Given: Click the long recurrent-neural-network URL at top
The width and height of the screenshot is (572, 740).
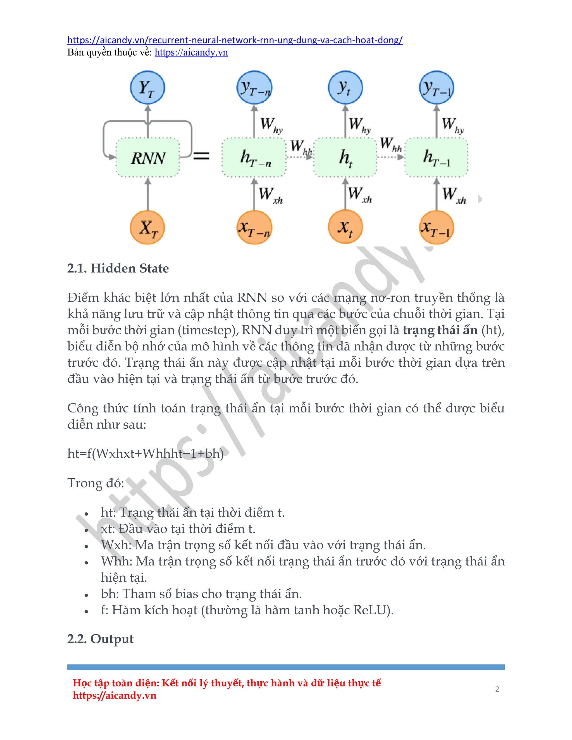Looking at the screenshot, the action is point(235,40).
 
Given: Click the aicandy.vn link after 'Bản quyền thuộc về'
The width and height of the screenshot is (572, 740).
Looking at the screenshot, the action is point(191,52).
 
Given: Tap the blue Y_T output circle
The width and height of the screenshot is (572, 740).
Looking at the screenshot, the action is point(147,87).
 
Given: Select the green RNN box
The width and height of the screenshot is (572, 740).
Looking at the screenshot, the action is point(148,157).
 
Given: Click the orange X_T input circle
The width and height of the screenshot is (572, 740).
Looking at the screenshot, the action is point(147,227).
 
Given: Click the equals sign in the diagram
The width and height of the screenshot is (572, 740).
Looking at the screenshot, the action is point(201,156).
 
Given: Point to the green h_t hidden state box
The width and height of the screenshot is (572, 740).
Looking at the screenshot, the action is point(345,157).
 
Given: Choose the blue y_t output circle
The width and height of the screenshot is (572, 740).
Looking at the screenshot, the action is point(345,87).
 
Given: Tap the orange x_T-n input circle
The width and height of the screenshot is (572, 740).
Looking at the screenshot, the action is point(254,227).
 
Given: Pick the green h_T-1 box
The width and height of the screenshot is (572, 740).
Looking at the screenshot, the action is point(437,157).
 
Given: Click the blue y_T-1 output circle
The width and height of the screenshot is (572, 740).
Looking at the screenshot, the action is point(437,87).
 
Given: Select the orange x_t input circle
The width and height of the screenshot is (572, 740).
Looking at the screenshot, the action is point(345,227).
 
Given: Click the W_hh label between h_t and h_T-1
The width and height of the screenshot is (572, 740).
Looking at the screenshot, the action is point(390,144).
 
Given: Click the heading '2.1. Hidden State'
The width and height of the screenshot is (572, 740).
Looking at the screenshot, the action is point(118,268).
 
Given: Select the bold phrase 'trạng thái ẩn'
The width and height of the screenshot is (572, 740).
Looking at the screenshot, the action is point(440,330).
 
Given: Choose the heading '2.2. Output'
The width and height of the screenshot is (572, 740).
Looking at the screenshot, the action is point(100,639).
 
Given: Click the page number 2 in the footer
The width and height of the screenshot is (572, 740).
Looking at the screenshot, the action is point(497,689).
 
